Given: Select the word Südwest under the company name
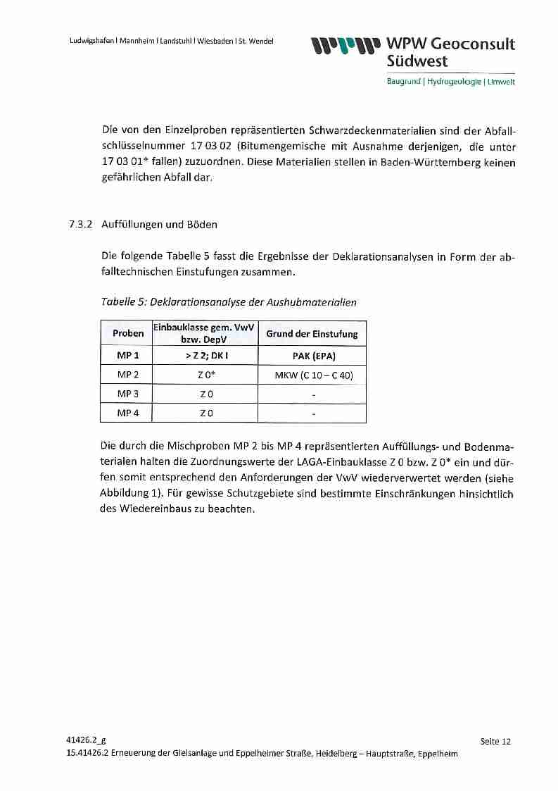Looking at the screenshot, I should point(417,61).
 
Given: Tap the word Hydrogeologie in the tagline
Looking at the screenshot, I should point(452,82).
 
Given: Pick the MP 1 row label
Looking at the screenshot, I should point(127,356).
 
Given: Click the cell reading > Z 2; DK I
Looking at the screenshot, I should point(205,356).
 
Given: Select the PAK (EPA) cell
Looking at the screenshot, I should point(312,356).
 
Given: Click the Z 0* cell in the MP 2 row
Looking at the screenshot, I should point(205,375).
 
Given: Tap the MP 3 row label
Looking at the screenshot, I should point(127,394).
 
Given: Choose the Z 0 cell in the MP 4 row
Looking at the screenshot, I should point(205,413).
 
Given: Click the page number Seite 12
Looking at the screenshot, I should point(495,741).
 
